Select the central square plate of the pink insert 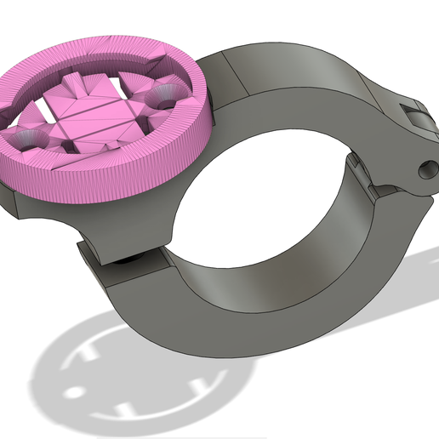click(x=89, y=116)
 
